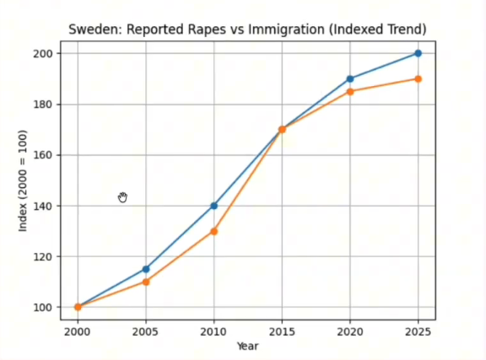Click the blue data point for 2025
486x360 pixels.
pos(418,53)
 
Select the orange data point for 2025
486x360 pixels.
pos(418,79)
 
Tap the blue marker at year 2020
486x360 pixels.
pos(350,79)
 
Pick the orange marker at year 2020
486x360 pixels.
pos(350,92)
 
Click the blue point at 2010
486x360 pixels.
pos(213,206)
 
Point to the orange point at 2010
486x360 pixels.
pos(213,231)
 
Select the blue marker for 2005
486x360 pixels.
pos(146,269)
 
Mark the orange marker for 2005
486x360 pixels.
pos(146,282)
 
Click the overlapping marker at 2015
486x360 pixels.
pos(282,130)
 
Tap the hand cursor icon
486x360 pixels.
pos(122,197)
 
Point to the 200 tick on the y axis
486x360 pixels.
pos(42,53)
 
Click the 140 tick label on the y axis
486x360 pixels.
pos(42,206)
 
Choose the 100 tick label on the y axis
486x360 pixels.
pos(42,308)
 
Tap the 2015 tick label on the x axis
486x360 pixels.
pos(282,332)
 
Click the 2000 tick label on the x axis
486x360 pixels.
pos(77,332)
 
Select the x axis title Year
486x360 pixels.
pos(248,346)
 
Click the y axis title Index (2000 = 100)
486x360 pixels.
pos(23,180)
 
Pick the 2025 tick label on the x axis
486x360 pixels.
pos(418,332)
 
